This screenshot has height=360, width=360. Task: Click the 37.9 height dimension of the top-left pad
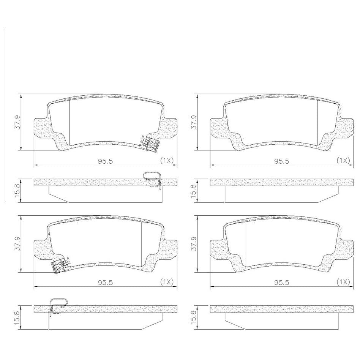tap(18, 122)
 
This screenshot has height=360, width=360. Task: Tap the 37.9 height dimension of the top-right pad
tap(194, 122)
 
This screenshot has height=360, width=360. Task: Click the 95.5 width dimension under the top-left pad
tap(106, 161)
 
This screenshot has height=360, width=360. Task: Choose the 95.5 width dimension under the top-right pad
tap(282, 161)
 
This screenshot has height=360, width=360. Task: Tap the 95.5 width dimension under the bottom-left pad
tap(106, 283)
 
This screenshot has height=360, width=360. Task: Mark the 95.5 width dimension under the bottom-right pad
tap(282, 283)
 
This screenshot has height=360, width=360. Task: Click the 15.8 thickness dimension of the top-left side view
tap(18, 191)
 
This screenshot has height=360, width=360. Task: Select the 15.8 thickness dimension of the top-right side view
tap(194, 191)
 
